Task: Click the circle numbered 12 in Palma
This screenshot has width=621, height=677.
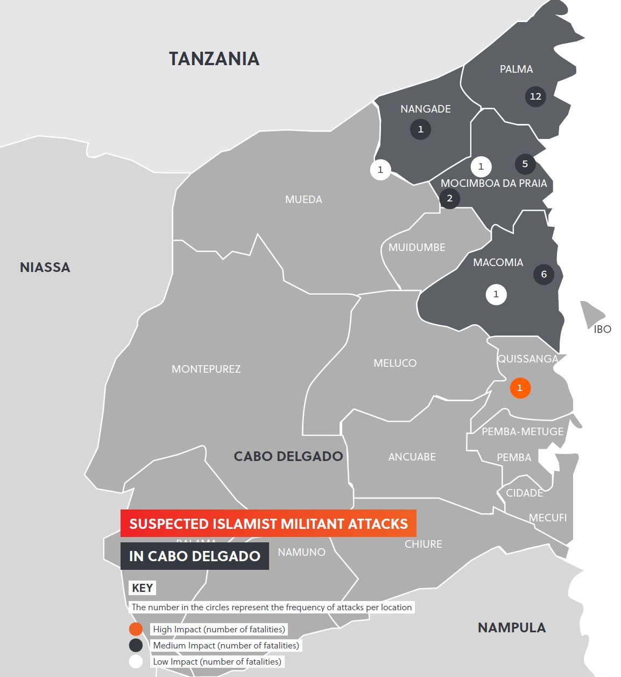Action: tap(535, 96)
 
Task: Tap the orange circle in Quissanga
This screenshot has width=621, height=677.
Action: tap(519, 388)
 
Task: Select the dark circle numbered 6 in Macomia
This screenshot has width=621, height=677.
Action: tap(544, 274)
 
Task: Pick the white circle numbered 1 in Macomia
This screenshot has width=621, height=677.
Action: tap(496, 295)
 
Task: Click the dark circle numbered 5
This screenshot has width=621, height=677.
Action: tap(525, 164)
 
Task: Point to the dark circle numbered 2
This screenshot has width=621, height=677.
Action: tap(449, 198)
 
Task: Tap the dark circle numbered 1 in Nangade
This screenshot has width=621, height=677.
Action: tap(420, 129)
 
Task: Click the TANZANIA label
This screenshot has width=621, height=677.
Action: tap(214, 59)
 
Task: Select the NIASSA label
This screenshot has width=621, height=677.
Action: tap(45, 267)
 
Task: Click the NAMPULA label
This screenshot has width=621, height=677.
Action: tap(511, 627)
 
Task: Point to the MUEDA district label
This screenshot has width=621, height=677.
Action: tap(304, 199)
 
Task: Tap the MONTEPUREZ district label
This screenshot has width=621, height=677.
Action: tap(206, 369)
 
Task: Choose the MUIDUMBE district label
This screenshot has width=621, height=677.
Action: tap(417, 247)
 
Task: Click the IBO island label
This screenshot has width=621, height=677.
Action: tap(602, 329)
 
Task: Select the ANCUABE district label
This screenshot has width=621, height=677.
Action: tap(412, 457)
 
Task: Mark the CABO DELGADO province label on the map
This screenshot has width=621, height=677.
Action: tap(288, 456)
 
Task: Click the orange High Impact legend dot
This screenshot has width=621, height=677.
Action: tap(136, 629)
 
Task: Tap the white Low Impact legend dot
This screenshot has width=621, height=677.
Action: tap(136, 661)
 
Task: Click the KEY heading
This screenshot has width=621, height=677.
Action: tap(142, 588)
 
